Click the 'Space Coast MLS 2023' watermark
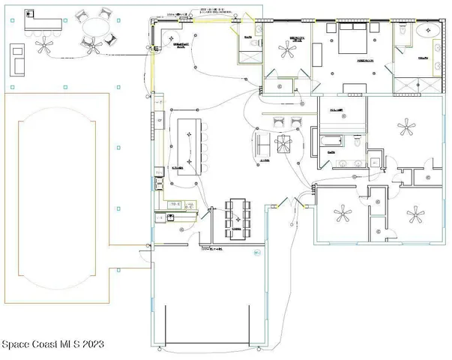[x=52, y=344]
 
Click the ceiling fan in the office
[x=287, y=50]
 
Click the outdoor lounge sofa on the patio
[x=16, y=58]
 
